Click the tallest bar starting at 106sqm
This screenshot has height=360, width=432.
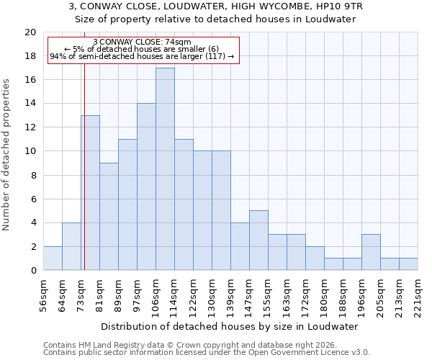pyautogui.click(x=165, y=169)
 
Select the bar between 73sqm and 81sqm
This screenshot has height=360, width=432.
pyautogui.click(x=90, y=193)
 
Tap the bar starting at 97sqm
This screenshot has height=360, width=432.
pyautogui.click(x=146, y=187)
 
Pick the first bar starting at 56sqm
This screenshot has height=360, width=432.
pyautogui.click(x=53, y=258)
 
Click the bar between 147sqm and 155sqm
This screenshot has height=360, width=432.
pyautogui.click(x=258, y=240)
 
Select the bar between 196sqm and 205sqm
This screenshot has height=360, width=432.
pyautogui.click(x=371, y=253)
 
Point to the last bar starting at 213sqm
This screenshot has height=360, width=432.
pyautogui.click(x=408, y=264)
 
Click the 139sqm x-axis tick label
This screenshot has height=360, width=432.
pyautogui.click(x=230, y=294)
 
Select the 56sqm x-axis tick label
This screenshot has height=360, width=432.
pyautogui.click(x=43, y=294)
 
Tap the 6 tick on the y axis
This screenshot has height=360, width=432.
pyautogui.click(x=32, y=199)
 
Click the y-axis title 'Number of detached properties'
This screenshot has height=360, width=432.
pyautogui.click(x=7, y=155)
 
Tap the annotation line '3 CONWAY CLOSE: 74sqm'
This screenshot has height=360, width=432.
pyautogui.click(x=142, y=42)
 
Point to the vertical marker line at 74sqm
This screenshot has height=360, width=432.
pyautogui.click(x=84, y=166)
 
